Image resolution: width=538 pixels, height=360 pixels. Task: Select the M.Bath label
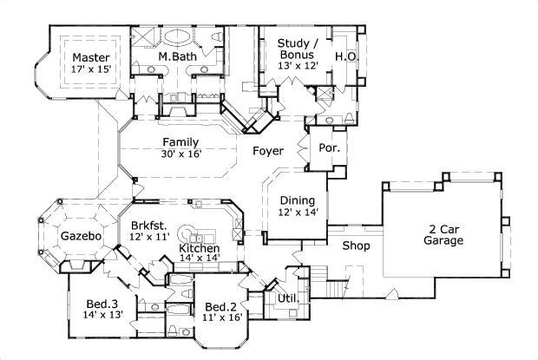(178, 57)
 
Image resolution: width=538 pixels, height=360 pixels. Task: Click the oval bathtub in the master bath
(180, 37)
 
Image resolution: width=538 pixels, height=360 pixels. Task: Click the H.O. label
(344, 56)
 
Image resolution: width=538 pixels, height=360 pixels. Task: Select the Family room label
(181, 142)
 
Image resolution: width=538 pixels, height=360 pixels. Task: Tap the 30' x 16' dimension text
(181, 154)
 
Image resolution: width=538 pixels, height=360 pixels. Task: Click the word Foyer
(268, 151)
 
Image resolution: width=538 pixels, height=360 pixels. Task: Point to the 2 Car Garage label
(443, 234)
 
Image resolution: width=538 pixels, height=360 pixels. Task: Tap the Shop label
(356, 246)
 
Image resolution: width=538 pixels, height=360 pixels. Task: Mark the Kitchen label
(199, 249)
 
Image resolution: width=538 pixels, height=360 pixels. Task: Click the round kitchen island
(193, 234)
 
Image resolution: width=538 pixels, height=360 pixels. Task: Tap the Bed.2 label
(221, 306)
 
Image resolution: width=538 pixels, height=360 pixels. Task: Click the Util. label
(287, 298)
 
